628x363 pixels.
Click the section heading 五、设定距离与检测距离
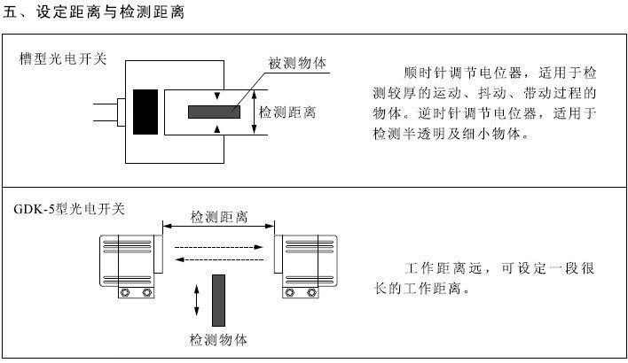point(95,12)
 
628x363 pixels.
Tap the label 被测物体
point(297,65)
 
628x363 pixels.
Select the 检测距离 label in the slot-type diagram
point(287,112)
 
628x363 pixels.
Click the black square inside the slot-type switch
point(145,111)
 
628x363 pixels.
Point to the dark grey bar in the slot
point(214,112)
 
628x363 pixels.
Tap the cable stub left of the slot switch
point(108,112)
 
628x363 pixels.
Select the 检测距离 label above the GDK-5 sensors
point(219,217)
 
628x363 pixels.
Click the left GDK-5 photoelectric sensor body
point(130,262)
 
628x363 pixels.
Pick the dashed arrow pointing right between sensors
point(218,247)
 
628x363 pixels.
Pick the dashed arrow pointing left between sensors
point(218,259)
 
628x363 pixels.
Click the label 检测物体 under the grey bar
point(218,338)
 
